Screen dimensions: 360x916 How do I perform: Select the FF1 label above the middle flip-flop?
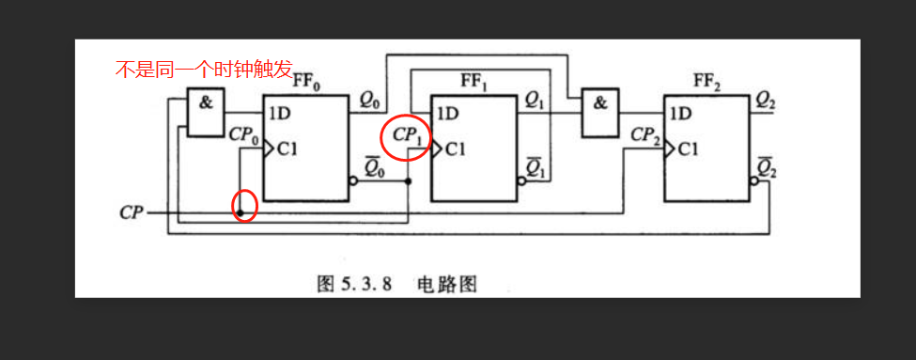(x=474, y=81)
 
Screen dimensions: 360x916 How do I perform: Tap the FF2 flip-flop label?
(x=706, y=81)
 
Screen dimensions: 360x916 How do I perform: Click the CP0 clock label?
(x=243, y=133)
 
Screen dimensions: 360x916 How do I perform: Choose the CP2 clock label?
(x=645, y=133)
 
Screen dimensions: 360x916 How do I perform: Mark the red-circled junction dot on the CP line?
(x=241, y=213)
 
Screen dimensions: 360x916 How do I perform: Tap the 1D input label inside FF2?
(x=681, y=115)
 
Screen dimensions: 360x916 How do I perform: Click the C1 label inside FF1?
(x=455, y=149)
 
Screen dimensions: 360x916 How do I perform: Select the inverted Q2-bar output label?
(x=765, y=169)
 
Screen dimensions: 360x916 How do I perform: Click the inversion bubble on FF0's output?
(x=352, y=180)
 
